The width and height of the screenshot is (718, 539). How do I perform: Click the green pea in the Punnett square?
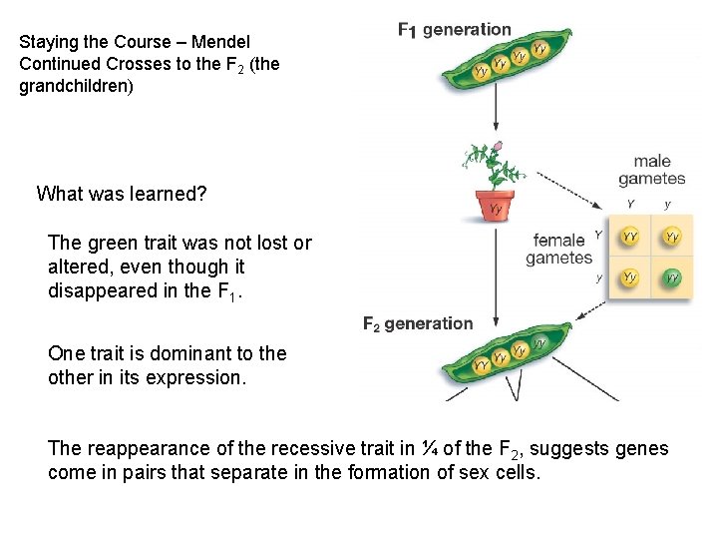(673, 276)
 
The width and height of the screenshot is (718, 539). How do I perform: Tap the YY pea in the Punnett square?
(630, 237)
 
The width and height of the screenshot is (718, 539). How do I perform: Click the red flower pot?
(495, 206)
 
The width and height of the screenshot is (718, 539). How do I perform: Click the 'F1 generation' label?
(454, 30)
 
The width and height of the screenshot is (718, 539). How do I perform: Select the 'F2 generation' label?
(418, 323)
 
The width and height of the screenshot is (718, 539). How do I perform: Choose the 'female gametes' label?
(558, 249)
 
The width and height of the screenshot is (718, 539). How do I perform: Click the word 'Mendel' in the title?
(220, 43)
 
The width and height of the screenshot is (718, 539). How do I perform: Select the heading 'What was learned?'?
(122, 194)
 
